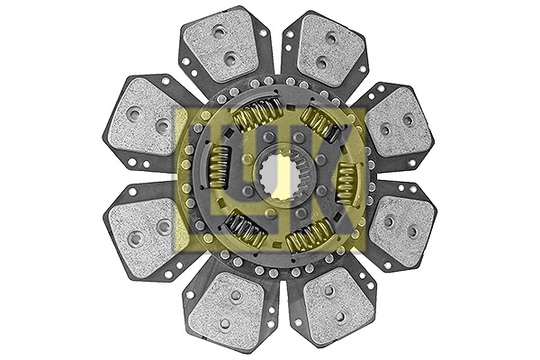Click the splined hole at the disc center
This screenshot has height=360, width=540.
[x=271, y=179]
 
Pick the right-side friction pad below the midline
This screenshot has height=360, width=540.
[x=399, y=229]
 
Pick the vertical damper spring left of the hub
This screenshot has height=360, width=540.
[x=219, y=167]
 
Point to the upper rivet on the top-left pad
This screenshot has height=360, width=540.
[x=220, y=31]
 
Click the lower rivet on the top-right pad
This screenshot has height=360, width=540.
[x=322, y=63]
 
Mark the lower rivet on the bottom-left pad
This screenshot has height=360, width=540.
[x=224, y=323]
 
